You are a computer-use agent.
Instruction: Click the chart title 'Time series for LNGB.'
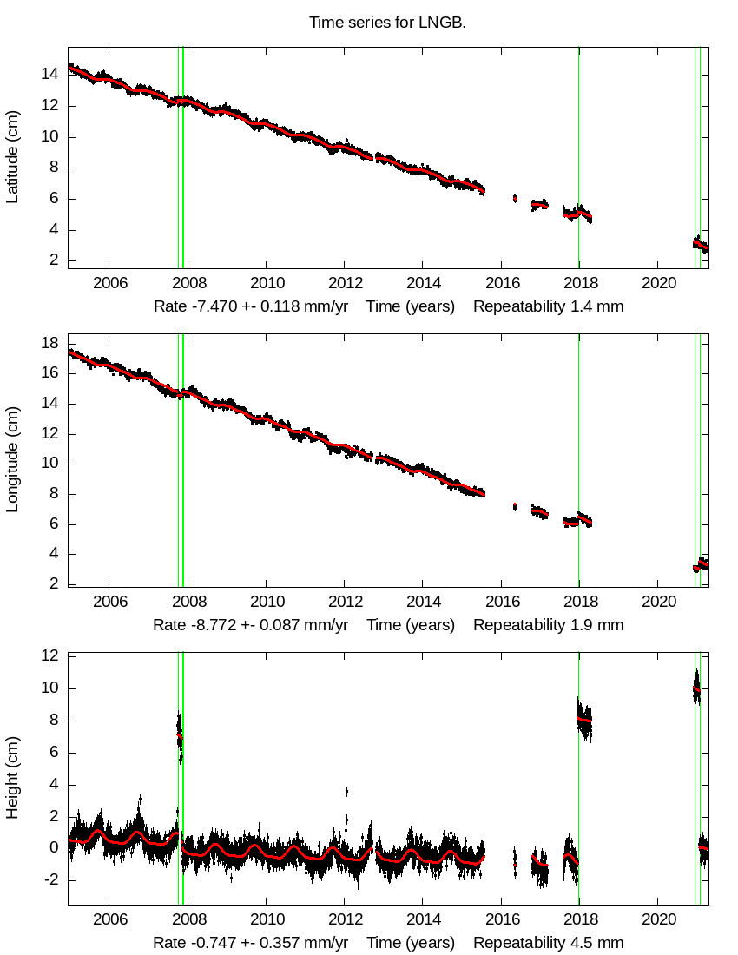387,23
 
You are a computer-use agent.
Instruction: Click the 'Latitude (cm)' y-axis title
12,157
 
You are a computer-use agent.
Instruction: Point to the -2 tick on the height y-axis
51,879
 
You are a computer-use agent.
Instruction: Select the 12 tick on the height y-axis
51,656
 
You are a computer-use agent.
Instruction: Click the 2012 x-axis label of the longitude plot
345,602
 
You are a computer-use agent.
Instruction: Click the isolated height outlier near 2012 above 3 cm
346,791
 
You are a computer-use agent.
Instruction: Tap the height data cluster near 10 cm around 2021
695,688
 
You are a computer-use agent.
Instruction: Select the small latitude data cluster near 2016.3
515,198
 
